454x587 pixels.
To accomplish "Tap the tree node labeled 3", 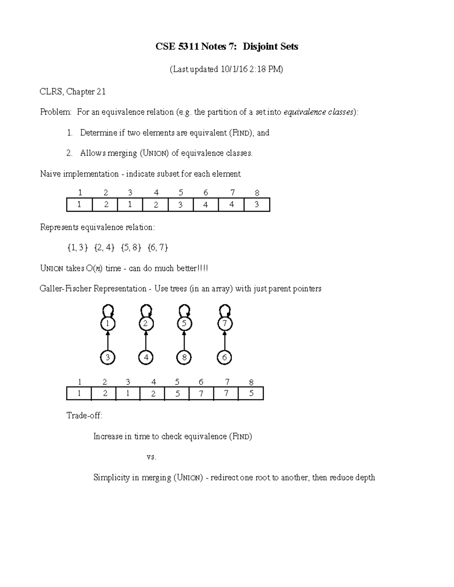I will (108, 358).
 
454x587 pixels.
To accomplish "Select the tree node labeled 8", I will (184, 358).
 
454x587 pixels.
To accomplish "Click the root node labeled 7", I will (225, 324).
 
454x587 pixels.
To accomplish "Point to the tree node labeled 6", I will (225, 358).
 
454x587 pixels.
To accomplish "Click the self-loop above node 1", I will (108, 311).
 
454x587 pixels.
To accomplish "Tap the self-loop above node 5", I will (184, 311).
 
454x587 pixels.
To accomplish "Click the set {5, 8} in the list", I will (131, 248).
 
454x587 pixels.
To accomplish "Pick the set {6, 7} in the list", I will (158, 248).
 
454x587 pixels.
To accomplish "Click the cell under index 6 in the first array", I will (205, 205).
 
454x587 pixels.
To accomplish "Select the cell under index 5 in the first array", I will (180, 205).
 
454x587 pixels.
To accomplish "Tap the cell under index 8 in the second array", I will (251, 393).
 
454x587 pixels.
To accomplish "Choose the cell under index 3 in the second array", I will (128, 393).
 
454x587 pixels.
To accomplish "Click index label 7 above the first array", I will (232, 193).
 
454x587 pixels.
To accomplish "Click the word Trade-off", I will (84, 416).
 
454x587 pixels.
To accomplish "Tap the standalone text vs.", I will (151, 457).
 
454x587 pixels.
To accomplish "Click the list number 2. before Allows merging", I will (69, 153).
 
